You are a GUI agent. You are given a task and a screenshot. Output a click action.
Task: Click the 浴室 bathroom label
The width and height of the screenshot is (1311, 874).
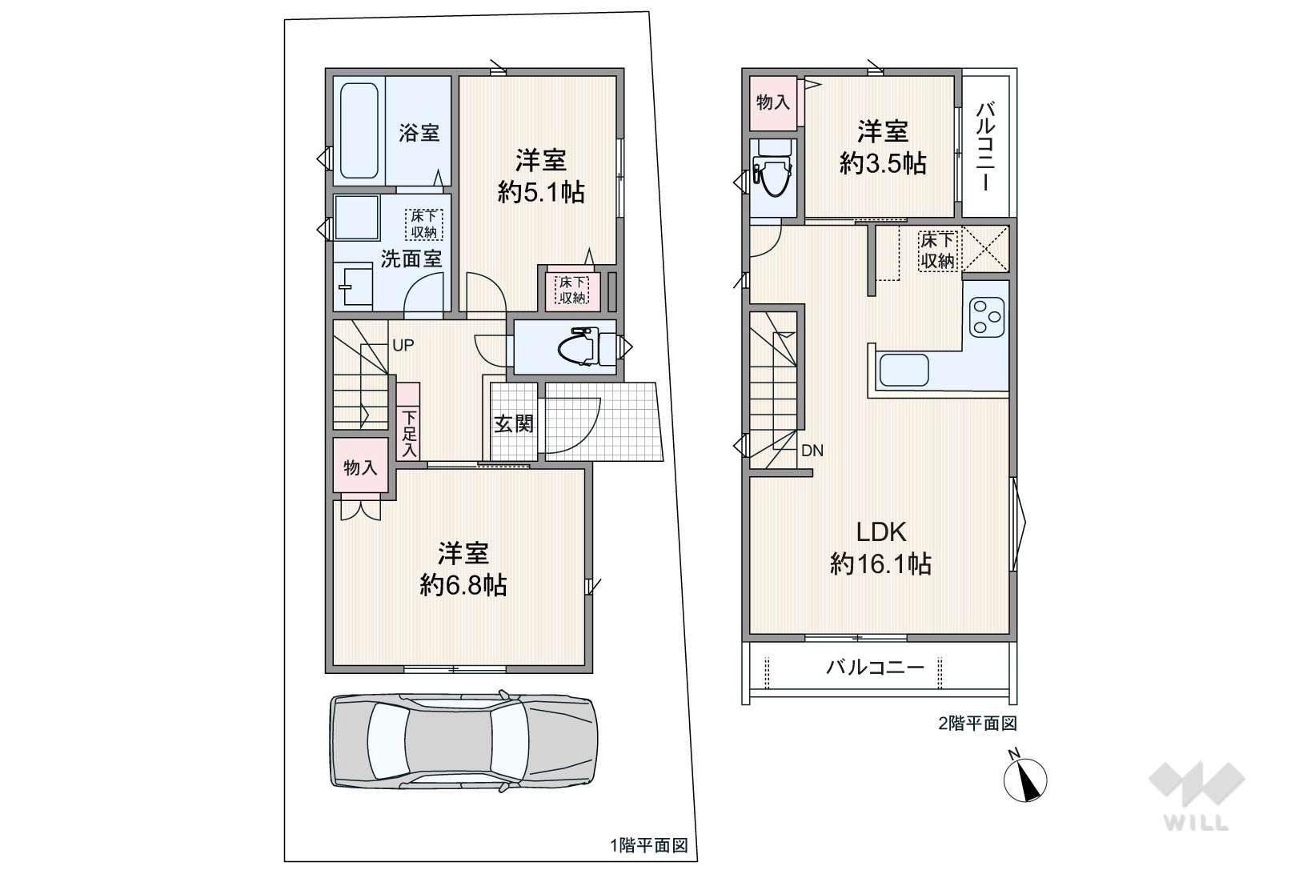coord(419,132)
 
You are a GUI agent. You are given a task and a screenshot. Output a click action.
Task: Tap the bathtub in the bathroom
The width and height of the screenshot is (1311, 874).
coord(359,130)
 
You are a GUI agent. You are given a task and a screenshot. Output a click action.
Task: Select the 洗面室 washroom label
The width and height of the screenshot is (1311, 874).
coord(411,259)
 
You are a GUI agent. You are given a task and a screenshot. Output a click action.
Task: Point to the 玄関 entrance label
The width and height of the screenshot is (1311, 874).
coord(513,423)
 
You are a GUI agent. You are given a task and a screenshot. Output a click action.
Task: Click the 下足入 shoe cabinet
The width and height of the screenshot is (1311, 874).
coord(408,423)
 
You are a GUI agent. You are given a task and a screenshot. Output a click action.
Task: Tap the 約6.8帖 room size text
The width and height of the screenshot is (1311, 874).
coord(463,586)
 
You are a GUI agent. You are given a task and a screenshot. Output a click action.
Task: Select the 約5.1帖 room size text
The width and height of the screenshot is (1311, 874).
coord(541,192)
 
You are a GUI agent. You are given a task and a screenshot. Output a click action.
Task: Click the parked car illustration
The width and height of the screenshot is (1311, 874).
coord(463,739)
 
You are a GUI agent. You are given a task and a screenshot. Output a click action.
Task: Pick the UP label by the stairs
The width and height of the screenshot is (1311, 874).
coord(403,345)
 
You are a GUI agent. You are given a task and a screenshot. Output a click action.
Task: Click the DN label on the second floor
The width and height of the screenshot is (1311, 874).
coord(812,451)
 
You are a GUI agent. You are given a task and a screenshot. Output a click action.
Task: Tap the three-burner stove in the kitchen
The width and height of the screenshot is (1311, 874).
coord(986,317)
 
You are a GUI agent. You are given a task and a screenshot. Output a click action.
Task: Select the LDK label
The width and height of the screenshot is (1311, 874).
coord(880,531)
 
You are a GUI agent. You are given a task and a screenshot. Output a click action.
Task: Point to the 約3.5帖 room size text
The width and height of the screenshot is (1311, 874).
coord(883,163)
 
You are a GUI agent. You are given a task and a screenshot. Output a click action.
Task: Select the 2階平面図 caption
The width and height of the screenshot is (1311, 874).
coord(976,724)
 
